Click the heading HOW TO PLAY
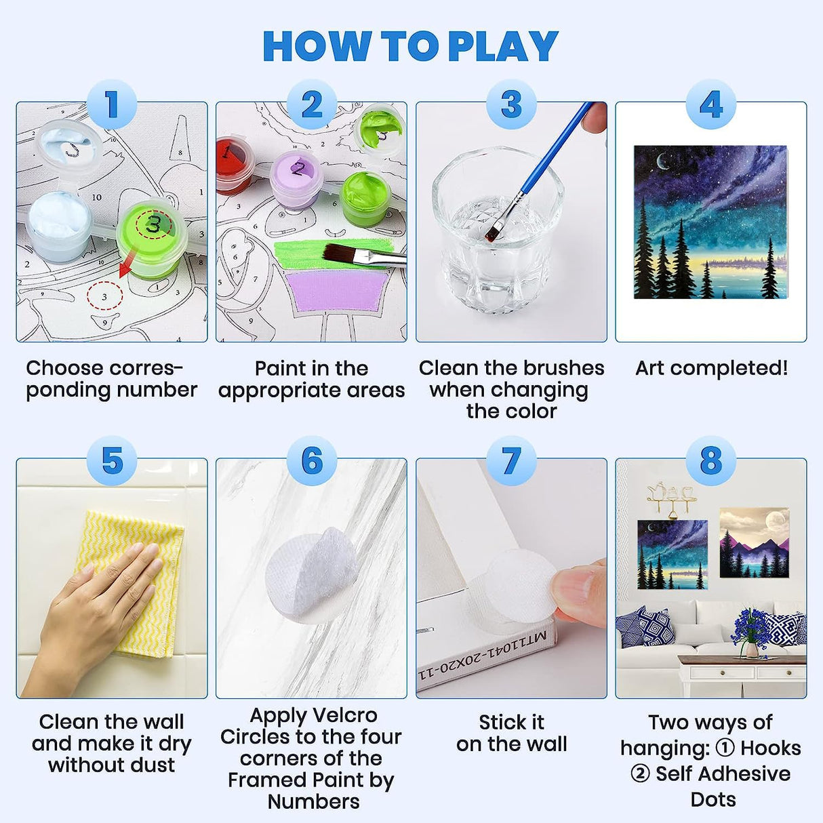tap(410, 46)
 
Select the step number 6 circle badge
tap(312, 461)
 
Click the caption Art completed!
tap(711, 368)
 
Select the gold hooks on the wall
tap(671, 498)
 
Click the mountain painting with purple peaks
tap(754, 542)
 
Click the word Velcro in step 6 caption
tap(344, 716)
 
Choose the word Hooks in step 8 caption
tap(770, 748)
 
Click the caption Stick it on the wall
tap(511, 733)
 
